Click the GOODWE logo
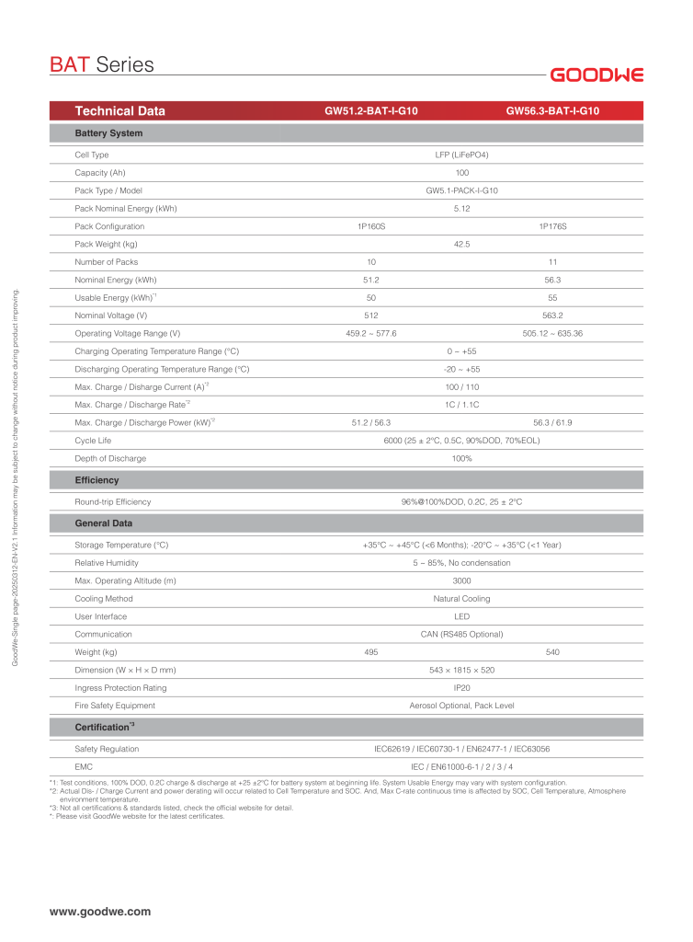[x=596, y=75]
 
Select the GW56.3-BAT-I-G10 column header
[x=552, y=111]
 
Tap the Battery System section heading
[x=108, y=133]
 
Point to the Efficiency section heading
[x=97, y=480]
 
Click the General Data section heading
[x=104, y=523]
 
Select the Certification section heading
[x=105, y=728]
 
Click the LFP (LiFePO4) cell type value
[x=461, y=155]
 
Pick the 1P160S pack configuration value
[x=371, y=226]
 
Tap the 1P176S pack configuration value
[x=552, y=226]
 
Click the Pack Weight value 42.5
[x=461, y=244]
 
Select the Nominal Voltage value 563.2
[x=552, y=315]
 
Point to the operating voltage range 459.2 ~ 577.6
[x=371, y=333]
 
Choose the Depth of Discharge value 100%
[x=461, y=458]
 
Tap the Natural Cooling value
[x=461, y=599]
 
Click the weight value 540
[x=552, y=652]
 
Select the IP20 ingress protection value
[x=461, y=688]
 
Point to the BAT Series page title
[x=101, y=65]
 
